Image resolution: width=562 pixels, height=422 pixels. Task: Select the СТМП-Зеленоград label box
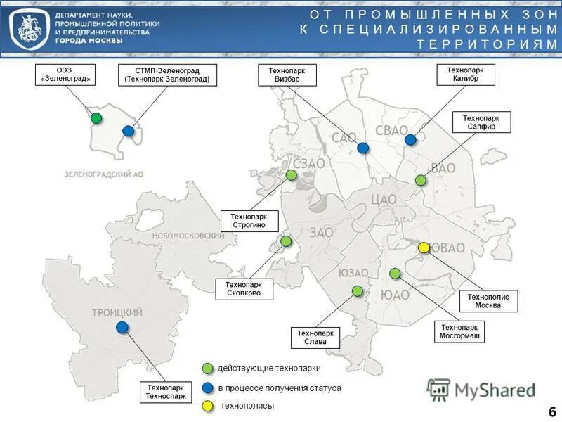166,75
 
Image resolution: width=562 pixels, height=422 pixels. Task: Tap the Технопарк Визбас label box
287,75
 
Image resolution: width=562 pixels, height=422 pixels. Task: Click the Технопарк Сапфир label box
481,122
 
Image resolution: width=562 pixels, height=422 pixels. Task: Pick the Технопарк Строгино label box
249,221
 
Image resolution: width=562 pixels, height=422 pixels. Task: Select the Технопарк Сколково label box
244,288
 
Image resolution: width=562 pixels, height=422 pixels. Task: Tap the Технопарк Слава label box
315,338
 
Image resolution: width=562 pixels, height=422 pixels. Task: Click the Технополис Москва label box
488,302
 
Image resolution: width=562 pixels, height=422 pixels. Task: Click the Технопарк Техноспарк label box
166,392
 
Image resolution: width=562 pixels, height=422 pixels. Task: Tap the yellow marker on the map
424,248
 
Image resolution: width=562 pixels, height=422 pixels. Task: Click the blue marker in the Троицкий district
122,327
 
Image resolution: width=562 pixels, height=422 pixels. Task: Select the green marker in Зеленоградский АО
96,117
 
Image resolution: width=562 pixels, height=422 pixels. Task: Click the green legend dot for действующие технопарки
207,369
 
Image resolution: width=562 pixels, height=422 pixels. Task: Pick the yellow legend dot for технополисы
207,406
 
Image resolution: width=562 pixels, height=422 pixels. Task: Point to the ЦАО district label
383,200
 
